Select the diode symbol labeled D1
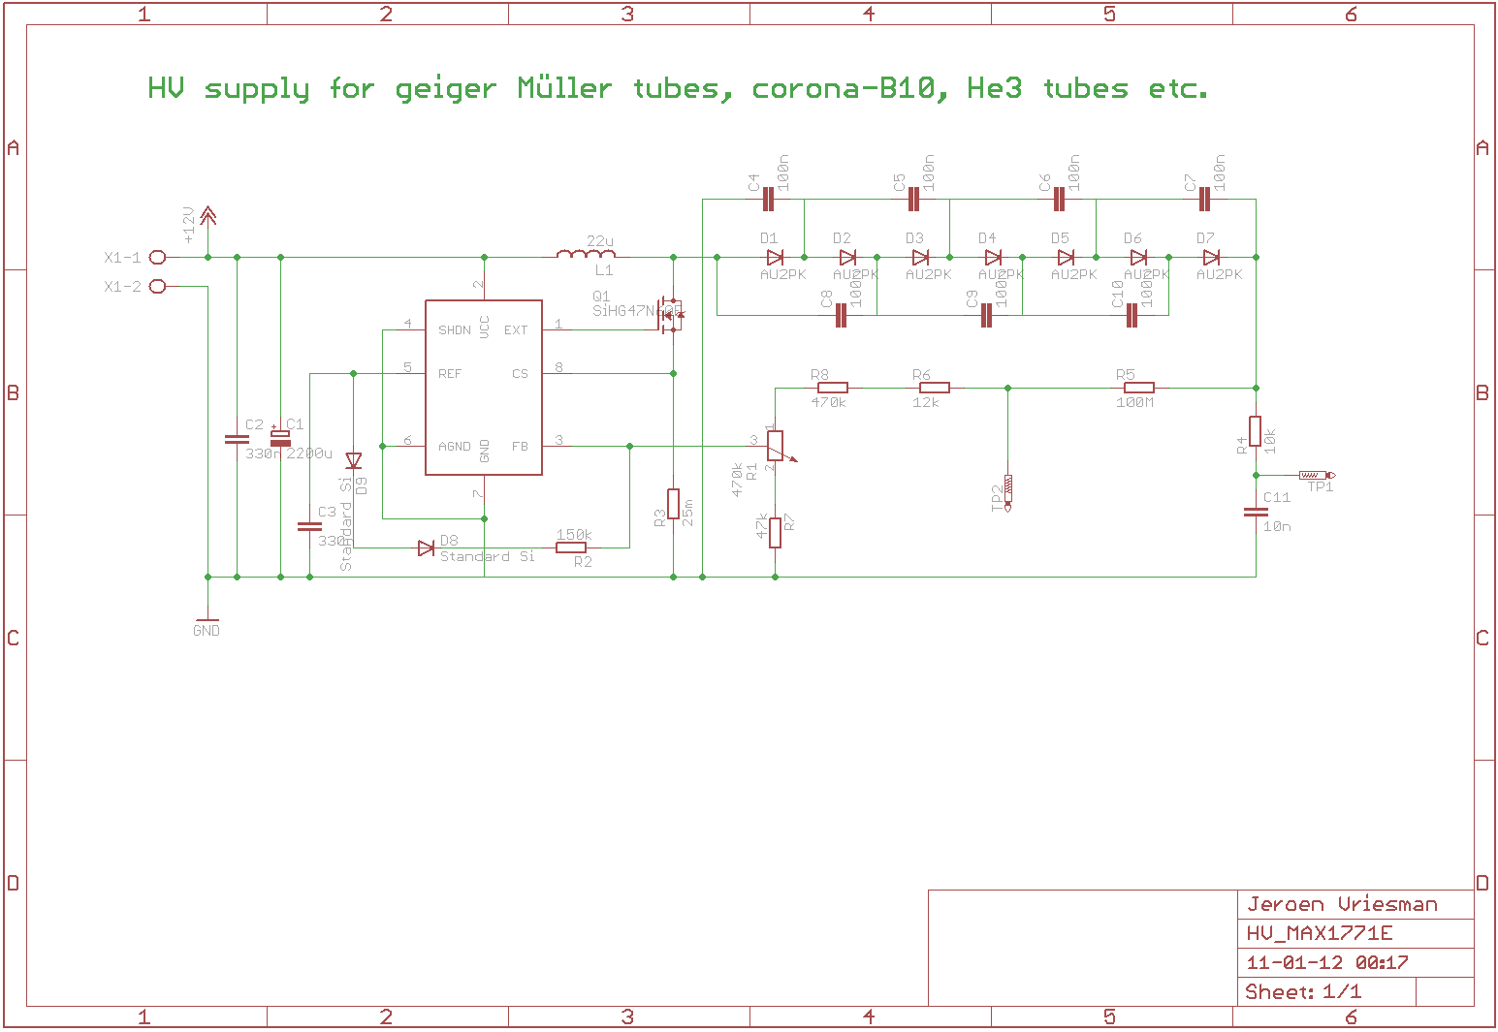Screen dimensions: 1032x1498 774,257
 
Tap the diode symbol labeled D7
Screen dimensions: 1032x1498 1210,257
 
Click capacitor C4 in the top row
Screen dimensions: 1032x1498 768,199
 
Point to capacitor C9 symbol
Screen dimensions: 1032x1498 986,315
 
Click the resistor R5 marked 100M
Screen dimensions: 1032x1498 1138,388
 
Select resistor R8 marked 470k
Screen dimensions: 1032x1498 832,388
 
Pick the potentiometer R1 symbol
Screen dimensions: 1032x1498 775,446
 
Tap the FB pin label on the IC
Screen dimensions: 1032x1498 520,447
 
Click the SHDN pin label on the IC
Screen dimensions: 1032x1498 454,330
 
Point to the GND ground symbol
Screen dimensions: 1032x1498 207,622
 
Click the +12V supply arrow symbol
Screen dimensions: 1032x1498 207,219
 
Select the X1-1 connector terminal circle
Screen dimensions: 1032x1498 158,257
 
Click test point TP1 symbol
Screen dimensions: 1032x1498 1315,475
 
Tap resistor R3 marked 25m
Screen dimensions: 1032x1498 673,504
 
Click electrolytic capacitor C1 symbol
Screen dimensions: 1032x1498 280,438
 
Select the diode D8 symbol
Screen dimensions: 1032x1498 426,547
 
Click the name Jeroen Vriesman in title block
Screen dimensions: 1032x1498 1342,904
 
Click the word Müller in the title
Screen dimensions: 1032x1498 564,88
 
